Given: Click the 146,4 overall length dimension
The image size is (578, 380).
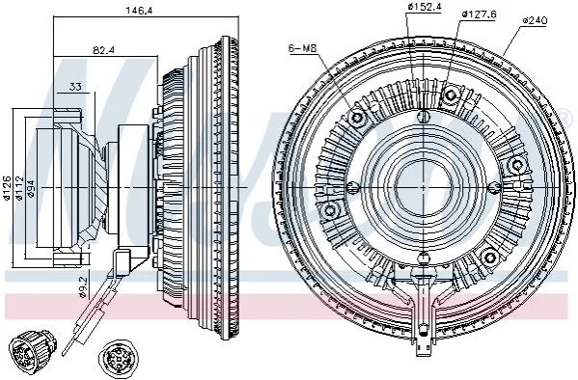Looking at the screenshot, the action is tap(139, 10).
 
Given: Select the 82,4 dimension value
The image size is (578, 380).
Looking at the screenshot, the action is tap(103, 50).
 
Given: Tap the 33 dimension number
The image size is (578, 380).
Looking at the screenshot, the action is tap(75, 87).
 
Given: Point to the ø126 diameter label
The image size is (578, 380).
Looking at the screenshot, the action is tap(8, 188).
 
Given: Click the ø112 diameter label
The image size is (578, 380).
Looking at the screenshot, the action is tap(19, 188).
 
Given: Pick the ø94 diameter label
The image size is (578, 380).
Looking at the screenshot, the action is tap(31, 189).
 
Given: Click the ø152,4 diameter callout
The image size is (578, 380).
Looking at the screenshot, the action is tap(425, 6).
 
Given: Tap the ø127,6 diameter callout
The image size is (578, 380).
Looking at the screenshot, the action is tap(480, 14).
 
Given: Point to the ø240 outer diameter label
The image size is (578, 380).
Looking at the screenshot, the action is tap(535, 20).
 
